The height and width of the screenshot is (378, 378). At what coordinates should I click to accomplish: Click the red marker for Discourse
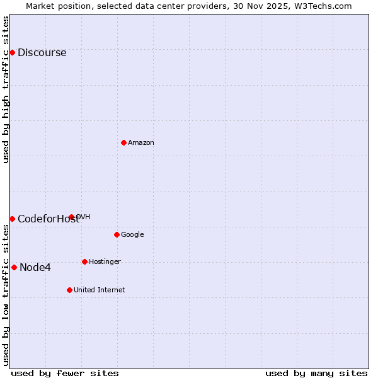pyautogui.click(x=12, y=52)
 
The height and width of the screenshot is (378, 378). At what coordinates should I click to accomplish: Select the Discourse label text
pyautogui.click(x=42, y=53)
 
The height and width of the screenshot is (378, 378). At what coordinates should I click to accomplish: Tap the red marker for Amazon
pyautogui.click(x=123, y=142)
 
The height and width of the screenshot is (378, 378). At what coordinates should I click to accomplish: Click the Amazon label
pyautogui.click(x=141, y=143)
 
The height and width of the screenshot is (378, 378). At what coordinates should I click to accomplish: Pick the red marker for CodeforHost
pyautogui.click(x=12, y=219)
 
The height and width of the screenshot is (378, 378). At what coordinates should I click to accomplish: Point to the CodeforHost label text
pyautogui.click(x=49, y=219)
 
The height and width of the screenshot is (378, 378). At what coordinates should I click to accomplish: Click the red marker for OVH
pyautogui.click(x=71, y=217)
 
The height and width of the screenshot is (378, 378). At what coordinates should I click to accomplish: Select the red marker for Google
pyautogui.click(x=117, y=234)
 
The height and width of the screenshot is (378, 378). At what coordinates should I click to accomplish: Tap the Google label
pyautogui.click(x=132, y=235)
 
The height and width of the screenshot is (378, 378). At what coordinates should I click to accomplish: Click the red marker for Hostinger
pyautogui.click(x=84, y=261)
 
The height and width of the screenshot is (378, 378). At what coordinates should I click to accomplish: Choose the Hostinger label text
pyautogui.click(x=105, y=262)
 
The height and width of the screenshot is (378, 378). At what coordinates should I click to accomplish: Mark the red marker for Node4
pyautogui.click(x=14, y=267)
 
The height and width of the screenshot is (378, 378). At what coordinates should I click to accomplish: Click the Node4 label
pyautogui.click(x=35, y=268)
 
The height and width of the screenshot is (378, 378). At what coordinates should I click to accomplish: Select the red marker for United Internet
pyautogui.click(x=69, y=290)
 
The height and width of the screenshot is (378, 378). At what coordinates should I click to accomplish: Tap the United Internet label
pyautogui.click(x=99, y=290)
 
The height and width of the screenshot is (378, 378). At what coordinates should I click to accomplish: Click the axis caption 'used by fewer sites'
pyautogui.click(x=65, y=373)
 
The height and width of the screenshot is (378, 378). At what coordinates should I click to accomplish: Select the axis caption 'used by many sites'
pyautogui.click(x=316, y=373)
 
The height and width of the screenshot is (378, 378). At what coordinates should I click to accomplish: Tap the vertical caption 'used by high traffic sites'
pyautogui.click(x=6, y=89)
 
